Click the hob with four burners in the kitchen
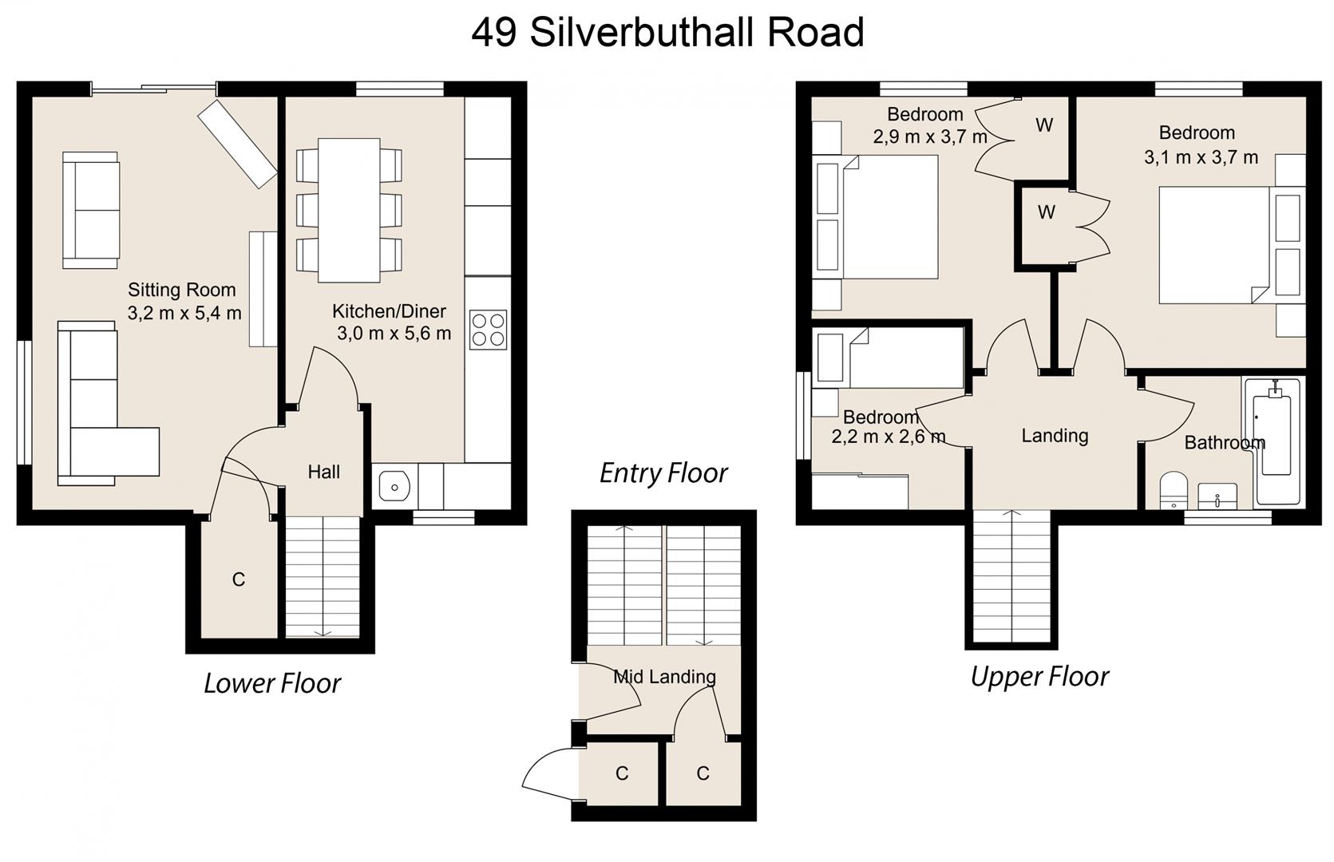point(488,330)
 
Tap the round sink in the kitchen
point(394,484)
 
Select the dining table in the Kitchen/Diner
point(349,210)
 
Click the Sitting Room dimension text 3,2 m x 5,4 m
point(184,313)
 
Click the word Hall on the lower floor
point(323,472)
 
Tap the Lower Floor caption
point(271,683)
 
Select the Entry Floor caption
point(663,473)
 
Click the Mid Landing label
point(664,677)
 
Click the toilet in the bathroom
point(1174,489)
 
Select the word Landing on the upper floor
point(1055,435)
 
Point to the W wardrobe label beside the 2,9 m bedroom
point(1044,125)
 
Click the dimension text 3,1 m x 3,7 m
point(1201,157)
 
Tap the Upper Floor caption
point(1039,676)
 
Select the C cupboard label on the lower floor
point(238,579)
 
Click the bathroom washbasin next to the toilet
point(1217,496)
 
